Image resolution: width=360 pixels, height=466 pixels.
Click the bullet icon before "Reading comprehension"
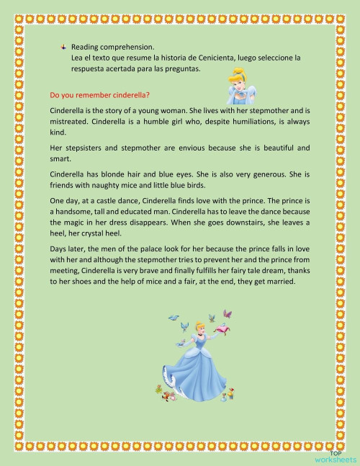(64, 46)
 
